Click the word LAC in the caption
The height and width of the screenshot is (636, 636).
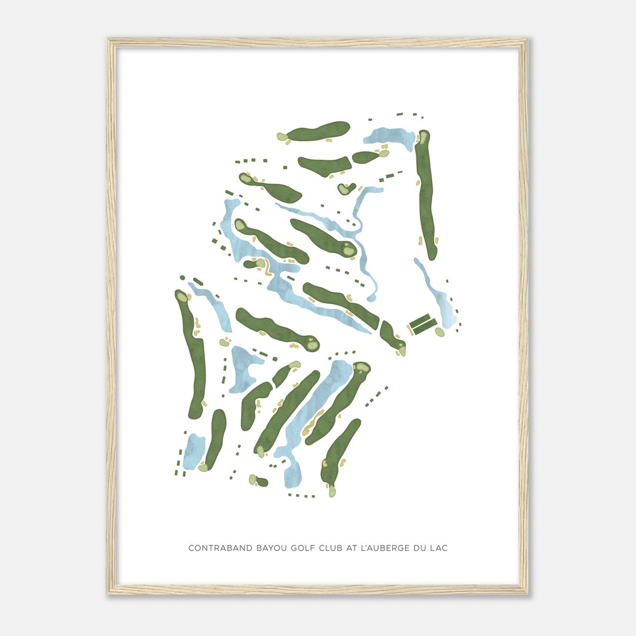click(x=439, y=548)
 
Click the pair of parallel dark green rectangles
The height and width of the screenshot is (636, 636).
click(x=423, y=324)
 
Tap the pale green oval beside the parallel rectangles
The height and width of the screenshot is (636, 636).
click(x=440, y=332)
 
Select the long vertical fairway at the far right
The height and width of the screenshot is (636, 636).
click(x=426, y=194)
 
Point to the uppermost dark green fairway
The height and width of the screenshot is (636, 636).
click(x=318, y=131)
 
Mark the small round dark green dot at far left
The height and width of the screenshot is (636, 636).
click(x=183, y=277)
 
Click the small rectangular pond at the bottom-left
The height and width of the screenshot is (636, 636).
click(x=193, y=452)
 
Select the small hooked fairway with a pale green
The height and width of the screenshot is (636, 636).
click(x=346, y=188)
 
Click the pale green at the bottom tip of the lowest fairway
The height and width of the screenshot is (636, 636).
click(x=332, y=491)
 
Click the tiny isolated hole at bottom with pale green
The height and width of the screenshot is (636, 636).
click(x=257, y=481)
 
